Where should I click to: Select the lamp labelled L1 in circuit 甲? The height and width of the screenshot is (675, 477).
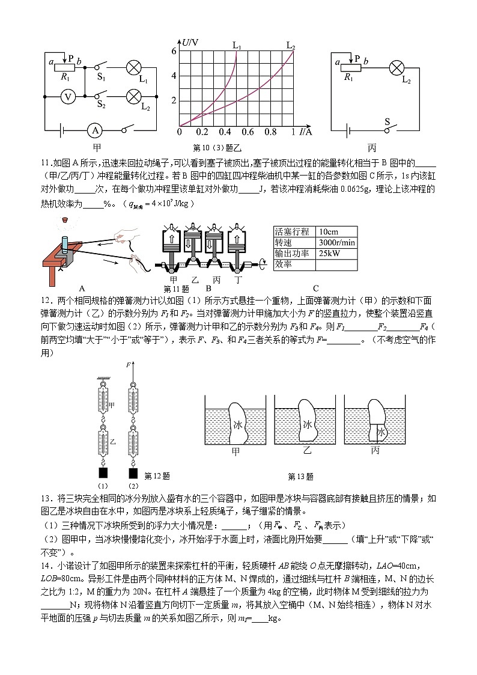point(133,69)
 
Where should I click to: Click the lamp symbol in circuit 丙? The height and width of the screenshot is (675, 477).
point(396,67)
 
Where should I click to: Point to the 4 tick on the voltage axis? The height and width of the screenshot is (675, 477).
point(174,76)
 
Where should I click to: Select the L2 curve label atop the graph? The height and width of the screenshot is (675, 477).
point(291,45)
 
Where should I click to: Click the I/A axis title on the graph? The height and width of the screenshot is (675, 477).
point(306,132)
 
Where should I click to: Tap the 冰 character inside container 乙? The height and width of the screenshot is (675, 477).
point(308,424)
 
